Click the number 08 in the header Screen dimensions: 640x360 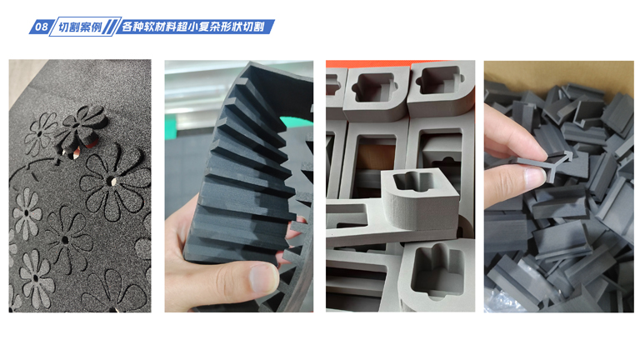[41, 27]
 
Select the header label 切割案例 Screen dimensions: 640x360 [80, 27]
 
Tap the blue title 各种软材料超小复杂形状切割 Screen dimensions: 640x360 [192, 27]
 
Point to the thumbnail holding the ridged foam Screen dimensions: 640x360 [239, 186]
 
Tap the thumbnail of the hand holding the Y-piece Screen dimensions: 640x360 [559, 186]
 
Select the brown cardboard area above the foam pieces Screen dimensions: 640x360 [559, 76]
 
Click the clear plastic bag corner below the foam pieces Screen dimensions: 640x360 [502, 302]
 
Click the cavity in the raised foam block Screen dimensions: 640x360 [413, 180]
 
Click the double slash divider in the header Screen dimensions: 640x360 [110, 27]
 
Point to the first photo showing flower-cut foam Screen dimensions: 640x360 [80, 186]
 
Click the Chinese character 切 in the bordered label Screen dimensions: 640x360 [63, 27]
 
